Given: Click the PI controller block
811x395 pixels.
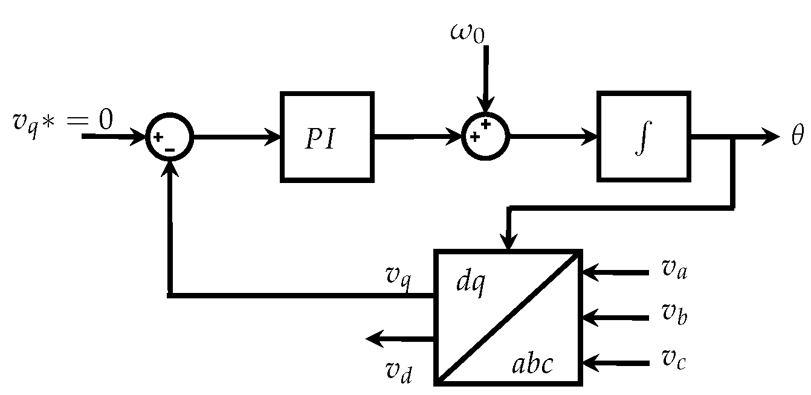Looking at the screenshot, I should pos(327,136).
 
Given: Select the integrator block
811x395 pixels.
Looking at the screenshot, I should pos(644,136).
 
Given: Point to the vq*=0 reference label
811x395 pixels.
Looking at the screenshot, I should pos(63,121).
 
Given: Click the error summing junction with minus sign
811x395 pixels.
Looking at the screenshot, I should pos(169,137).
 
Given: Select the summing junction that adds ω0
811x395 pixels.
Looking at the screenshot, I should pos(485,136).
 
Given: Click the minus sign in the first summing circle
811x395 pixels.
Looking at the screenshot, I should pos(171,149).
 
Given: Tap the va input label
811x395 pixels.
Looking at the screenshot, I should pos(673,269).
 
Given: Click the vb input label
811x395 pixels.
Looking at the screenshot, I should pos(673,314).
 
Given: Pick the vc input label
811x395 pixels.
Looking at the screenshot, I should pos(673,360).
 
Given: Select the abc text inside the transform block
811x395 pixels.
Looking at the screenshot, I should pos(532,365).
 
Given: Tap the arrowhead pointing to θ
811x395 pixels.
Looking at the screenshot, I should pos(771,137).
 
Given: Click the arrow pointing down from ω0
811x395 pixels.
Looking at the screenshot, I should pos(486,79).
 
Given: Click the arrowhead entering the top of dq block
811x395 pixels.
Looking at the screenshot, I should pos(510,242).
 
